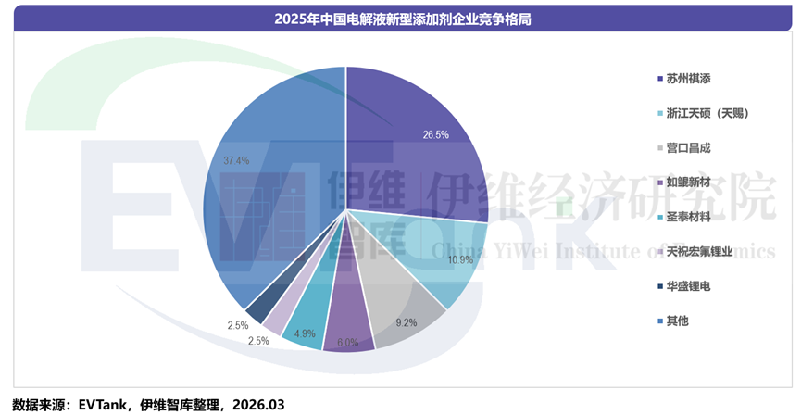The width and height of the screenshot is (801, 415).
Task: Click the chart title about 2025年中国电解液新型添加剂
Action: click(x=400, y=18)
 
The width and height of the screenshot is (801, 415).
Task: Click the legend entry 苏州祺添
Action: click(x=687, y=78)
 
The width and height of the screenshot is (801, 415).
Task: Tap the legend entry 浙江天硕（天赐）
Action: click(x=707, y=113)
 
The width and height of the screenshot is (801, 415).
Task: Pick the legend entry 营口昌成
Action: click(x=687, y=147)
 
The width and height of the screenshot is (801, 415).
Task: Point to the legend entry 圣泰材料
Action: click(x=687, y=217)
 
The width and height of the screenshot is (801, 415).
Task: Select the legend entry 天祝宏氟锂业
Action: click(x=699, y=251)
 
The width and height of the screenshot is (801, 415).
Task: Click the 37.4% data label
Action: click(x=236, y=160)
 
